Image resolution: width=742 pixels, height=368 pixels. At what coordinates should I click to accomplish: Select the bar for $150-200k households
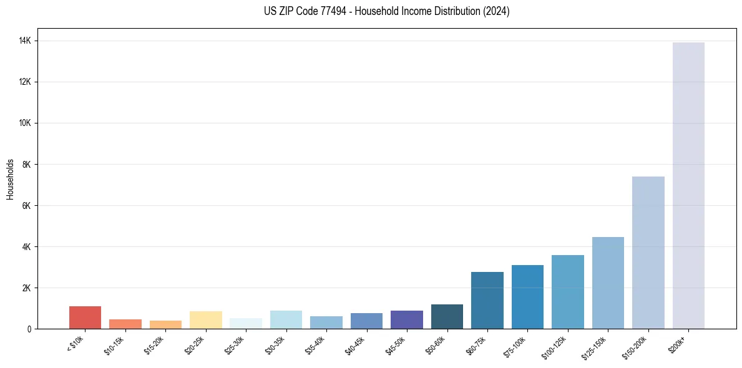point(648,253)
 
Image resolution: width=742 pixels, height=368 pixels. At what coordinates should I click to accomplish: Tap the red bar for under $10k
point(85,317)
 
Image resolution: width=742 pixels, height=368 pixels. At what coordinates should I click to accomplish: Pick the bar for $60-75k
point(487,300)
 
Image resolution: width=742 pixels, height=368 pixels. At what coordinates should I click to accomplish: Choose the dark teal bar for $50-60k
point(447,316)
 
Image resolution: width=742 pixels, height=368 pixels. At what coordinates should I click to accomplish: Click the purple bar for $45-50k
point(407,319)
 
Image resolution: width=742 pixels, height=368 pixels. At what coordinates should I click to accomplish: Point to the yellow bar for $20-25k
point(206,320)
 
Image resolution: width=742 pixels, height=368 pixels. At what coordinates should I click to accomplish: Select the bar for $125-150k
point(608,283)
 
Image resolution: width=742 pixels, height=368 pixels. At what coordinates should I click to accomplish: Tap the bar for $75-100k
point(527,297)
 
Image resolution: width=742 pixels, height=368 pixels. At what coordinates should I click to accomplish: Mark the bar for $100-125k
point(568,292)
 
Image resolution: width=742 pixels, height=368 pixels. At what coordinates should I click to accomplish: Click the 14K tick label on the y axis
point(25,41)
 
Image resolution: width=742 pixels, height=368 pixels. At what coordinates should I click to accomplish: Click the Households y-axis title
point(11,178)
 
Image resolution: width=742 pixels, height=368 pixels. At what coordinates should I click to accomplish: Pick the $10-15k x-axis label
point(115,345)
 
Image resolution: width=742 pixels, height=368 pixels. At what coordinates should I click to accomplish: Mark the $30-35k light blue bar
point(286,319)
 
